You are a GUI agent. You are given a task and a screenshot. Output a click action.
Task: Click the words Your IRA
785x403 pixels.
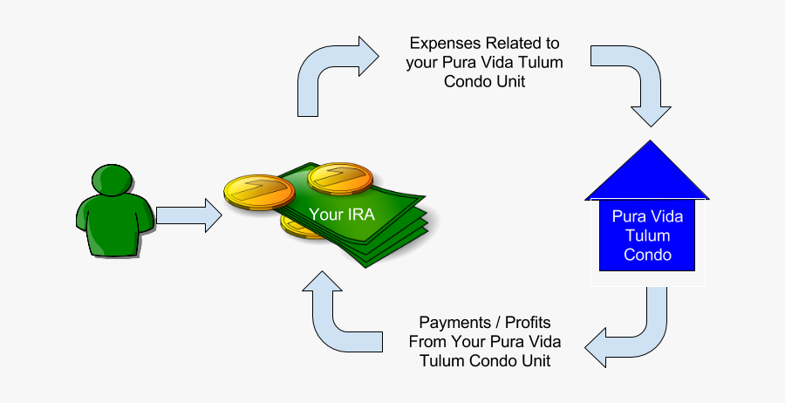[x=342, y=213]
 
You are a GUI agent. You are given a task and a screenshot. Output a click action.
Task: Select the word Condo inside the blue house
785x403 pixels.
[x=646, y=255]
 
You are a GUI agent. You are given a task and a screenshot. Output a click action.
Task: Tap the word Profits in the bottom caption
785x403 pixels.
[x=526, y=322]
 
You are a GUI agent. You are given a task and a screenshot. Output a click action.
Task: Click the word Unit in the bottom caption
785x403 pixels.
[x=535, y=360]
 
